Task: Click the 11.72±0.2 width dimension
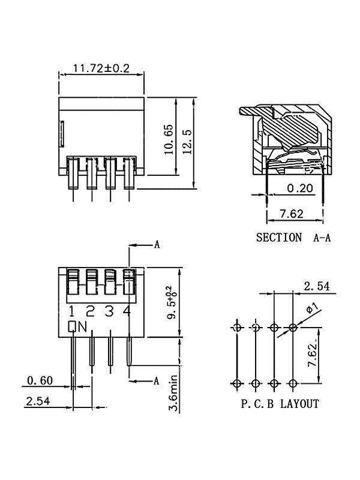[x=101, y=68]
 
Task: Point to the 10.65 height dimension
[x=169, y=139]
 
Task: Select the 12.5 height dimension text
[x=187, y=142]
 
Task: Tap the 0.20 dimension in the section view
[x=300, y=188]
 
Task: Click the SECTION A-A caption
[x=293, y=238]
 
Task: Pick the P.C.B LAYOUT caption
[x=280, y=404]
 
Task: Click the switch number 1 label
[x=71, y=311]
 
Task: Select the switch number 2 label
[x=91, y=311]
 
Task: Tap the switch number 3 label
[x=109, y=311]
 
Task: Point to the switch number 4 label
[x=127, y=310]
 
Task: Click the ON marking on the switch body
[x=77, y=326]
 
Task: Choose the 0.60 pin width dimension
[x=40, y=380]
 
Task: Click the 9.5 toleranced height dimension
[x=172, y=302]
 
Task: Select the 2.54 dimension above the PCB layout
[x=317, y=286]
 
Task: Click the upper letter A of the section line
[x=157, y=245]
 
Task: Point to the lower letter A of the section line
[x=157, y=381]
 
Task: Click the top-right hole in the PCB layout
[x=293, y=328]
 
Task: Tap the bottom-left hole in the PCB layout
[x=237, y=383]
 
